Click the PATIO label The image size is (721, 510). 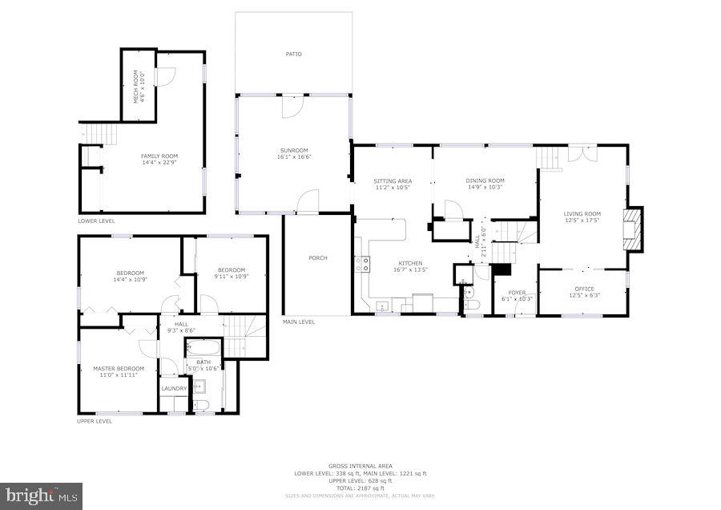(x=293, y=55)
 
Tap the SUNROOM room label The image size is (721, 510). (x=293, y=150)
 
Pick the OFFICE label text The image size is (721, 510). (x=583, y=289)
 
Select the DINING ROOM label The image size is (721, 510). (x=485, y=180)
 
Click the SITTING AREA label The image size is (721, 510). (x=393, y=180)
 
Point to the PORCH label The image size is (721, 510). (x=318, y=257)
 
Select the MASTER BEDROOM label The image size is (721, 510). (x=117, y=369)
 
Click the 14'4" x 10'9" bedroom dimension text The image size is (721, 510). (x=130, y=280)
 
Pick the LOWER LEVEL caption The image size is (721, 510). (x=96, y=221)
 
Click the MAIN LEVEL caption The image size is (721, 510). (x=298, y=322)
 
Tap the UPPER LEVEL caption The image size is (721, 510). (x=94, y=421)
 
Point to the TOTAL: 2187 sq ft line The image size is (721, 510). (x=360, y=488)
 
